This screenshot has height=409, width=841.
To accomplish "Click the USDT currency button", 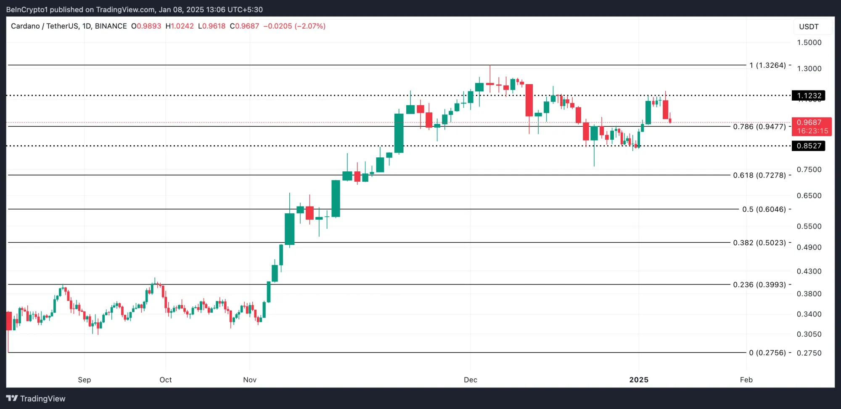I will (x=809, y=27).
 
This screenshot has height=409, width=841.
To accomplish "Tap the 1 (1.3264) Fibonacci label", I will (x=767, y=65).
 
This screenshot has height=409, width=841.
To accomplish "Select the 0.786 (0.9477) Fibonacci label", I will (x=759, y=127).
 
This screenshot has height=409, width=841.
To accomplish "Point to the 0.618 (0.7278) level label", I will (x=759, y=175).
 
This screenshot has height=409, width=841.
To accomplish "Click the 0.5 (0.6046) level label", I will (x=764, y=209).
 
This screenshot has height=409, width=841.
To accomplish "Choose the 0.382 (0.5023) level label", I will (x=759, y=243).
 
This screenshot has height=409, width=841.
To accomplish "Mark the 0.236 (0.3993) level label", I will (x=759, y=285).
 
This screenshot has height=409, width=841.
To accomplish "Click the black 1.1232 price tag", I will (x=808, y=96).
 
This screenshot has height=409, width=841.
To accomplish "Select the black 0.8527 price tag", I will (x=808, y=146).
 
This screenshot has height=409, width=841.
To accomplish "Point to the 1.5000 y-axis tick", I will (x=809, y=42).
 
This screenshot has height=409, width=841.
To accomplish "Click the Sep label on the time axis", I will (x=84, y=380).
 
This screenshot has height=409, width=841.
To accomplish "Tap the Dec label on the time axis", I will (x=470, y=380).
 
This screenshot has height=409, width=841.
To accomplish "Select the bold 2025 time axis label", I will (x=638, y=380).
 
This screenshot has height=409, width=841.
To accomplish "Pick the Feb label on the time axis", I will (x=746, y=380).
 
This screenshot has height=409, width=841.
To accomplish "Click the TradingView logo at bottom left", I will (x=36, y=398).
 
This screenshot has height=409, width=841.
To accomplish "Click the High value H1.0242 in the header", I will (x=180, y=26).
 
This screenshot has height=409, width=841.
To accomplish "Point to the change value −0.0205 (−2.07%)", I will (x=294, y=26).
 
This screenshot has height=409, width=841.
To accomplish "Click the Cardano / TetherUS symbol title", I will (x=45, y=26).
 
